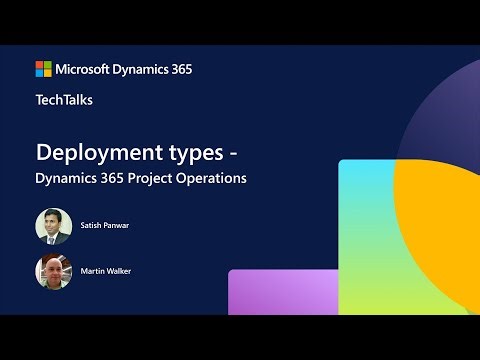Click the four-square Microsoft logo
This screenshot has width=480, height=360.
tap(44, 69)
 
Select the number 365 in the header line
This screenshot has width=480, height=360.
tap(180, 69)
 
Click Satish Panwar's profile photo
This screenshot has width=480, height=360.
tap(53, 226)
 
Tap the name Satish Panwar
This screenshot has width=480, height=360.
tap(105, 226)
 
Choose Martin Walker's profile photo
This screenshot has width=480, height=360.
tap(53, 272)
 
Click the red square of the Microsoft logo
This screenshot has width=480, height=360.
tap(40, 65)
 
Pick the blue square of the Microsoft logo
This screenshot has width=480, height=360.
tap(40, 73)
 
